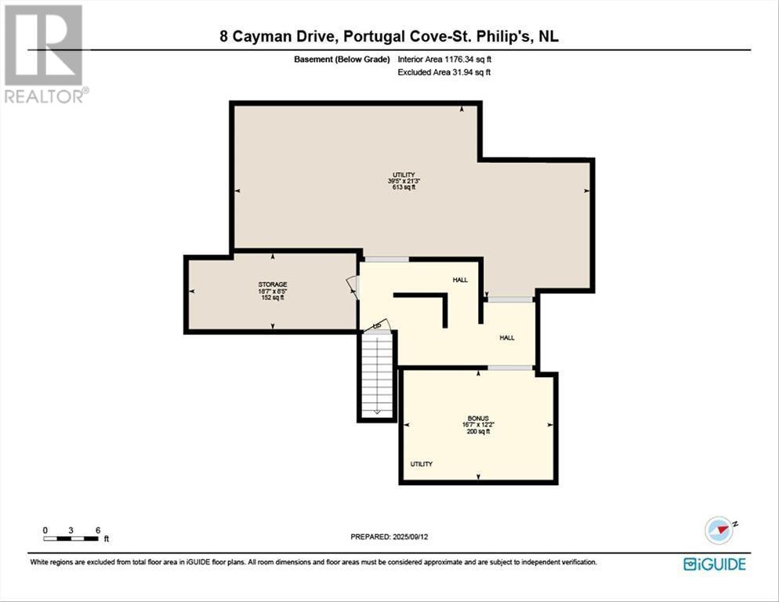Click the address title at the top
coord(389,35)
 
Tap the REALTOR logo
coord(45,53)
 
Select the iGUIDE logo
coord(714,564)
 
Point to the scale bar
coord(71,538)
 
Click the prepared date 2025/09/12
coord(389,536)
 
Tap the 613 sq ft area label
coord(404,188)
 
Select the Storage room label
coord(273,284)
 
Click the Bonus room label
coord(477,418)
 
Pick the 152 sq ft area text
coord(273,298)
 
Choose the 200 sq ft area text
coord(477,432)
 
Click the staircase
coord(377,375)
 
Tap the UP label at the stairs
coord(377,325)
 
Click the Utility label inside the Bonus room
coord(422,464)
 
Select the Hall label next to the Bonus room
coord(507,337)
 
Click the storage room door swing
coord(352,287)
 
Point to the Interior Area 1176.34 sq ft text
coord(444,60)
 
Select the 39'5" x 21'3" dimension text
coord(404,181)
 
